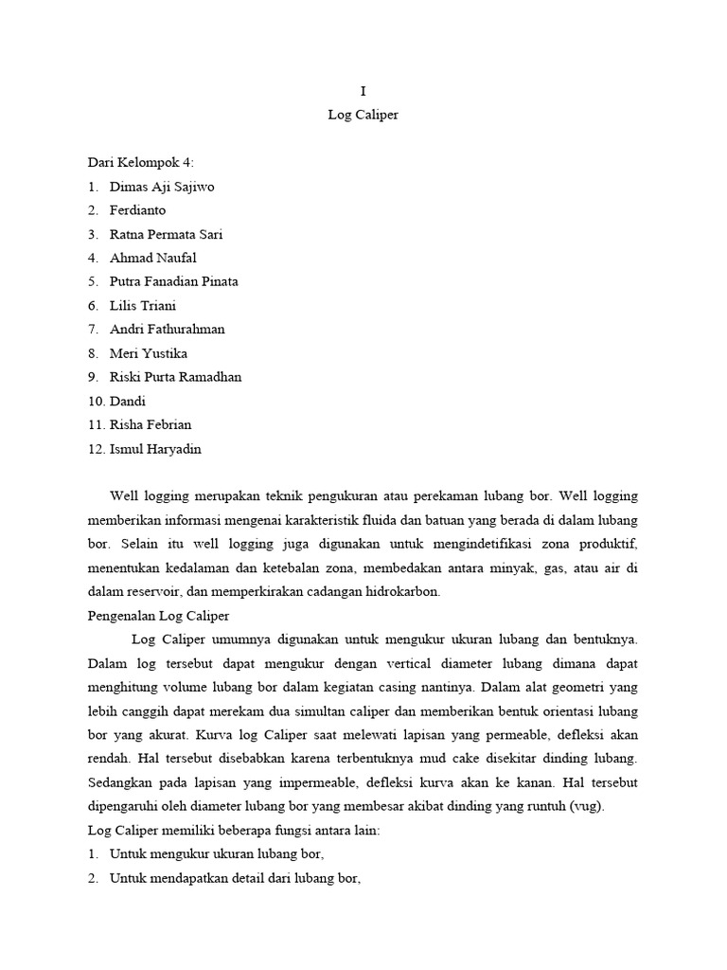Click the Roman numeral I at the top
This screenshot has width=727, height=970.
pyautogui.click(x=363, y=91)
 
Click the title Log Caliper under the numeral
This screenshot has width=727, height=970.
pyautogui.click(x=363, y=115)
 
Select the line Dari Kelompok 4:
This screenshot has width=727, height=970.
pyautogui.click(x=140, y=163)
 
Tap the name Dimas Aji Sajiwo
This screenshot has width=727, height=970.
pyautogui.click(x=162, y=187)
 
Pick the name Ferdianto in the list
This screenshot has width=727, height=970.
pyautogui.click(x=137, y=210)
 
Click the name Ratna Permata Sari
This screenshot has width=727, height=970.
pyautogui.click(x=167, y=234)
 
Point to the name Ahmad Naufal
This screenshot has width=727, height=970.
pyautogui.click(x=153, y=258)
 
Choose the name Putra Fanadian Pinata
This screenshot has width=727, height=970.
pyautogui.click(x=174, y=281)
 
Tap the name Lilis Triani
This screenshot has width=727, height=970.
pyautogui.click(x=143, y=306)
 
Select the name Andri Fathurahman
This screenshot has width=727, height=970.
pyautogui.click(x=168, y=330)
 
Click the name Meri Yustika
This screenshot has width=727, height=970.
pyautogui.click(x=149, y=353)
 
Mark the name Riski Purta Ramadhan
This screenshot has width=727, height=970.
pyautogui.click(x=175, y=377)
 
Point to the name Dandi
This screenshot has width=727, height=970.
pyautogui.click(x=129, y=401)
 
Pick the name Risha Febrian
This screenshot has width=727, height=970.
pyautogui.click(x=151, y=425)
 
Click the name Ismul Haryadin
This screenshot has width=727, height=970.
pyautogui.click(x=155, y=449)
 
